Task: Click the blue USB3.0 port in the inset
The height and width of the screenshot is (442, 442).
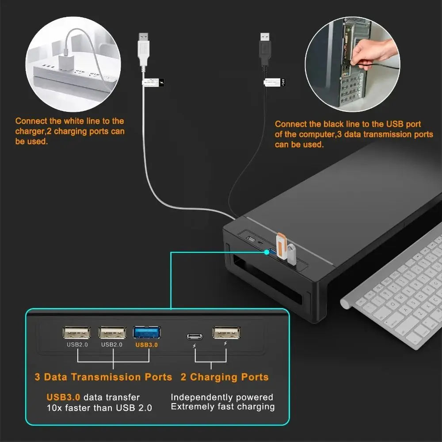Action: pyautogui.click(x=147, y=332)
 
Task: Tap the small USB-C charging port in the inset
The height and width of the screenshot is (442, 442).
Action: pyautogui.click(x=194, y=336)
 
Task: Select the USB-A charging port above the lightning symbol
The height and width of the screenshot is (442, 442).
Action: pyautogui.click(x=227, y=332)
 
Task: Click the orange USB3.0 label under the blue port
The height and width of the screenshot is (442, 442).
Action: pyautogui.click(x=147, y=345)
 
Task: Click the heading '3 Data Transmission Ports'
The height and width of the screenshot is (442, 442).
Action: pyautogui.click(x=103, y=377)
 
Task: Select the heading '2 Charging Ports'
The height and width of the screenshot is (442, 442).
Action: pyautogui.click(x=225, y=377)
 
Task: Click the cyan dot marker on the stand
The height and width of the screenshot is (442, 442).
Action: pyautogui.click(x=266, y=252)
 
